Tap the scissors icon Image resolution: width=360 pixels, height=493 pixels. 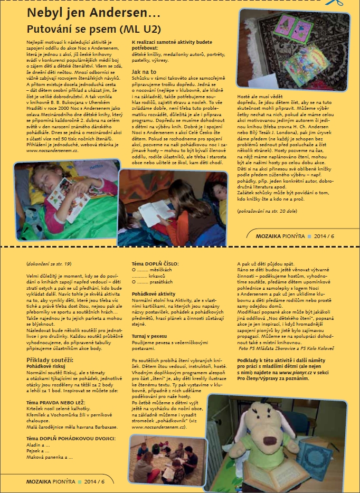352,3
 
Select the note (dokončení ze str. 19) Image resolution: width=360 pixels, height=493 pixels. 49,262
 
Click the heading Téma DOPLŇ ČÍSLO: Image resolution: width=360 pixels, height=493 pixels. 155,262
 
